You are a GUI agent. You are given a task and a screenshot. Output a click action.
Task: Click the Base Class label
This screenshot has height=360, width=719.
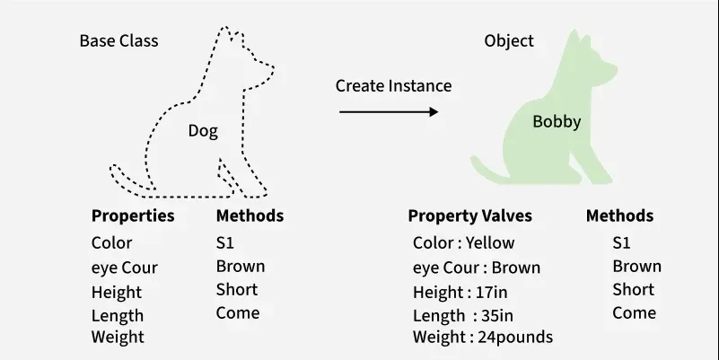click(118, 40)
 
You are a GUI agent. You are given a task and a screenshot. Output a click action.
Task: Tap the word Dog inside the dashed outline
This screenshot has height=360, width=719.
click(203, 131)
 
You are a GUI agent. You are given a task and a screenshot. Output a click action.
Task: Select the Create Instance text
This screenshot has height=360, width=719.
click(393, 86)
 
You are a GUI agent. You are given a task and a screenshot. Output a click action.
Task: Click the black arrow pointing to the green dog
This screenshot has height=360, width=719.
click(389, 111)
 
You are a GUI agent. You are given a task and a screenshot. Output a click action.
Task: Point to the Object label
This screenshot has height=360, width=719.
click(509, 40)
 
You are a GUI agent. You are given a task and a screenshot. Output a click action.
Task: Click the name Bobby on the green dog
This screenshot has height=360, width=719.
click(557, 121)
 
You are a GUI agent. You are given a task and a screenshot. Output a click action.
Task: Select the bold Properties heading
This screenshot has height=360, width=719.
click(133, 215)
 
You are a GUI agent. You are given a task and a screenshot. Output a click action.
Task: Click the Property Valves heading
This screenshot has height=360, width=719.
click(470, 215)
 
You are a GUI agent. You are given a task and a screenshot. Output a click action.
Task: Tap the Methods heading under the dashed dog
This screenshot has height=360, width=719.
click(250, 215)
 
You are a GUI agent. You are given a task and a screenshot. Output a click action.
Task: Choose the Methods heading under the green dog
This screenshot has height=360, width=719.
click(619, 215)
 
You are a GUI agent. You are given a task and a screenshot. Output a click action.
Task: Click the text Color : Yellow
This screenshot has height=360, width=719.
click(463, 242)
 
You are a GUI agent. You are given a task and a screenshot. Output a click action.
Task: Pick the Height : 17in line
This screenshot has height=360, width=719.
click(460, 292)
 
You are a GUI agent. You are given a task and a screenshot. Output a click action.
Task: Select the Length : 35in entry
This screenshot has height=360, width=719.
click(463, 315)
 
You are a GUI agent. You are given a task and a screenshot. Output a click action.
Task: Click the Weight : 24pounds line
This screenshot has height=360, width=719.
click(483, 337)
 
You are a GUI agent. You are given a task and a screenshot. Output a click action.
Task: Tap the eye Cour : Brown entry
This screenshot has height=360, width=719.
click(477, 268)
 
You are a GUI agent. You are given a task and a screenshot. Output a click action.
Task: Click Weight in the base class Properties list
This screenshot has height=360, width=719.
click(118, 337)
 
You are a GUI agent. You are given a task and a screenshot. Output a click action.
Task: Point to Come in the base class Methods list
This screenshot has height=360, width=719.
click(238, 312)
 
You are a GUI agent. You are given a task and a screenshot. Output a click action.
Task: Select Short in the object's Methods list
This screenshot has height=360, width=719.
click(633, 289)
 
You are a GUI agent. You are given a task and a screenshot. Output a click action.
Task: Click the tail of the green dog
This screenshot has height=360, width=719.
click(488, 172)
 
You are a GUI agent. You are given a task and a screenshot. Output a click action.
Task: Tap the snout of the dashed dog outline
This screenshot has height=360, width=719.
click(268, 70)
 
